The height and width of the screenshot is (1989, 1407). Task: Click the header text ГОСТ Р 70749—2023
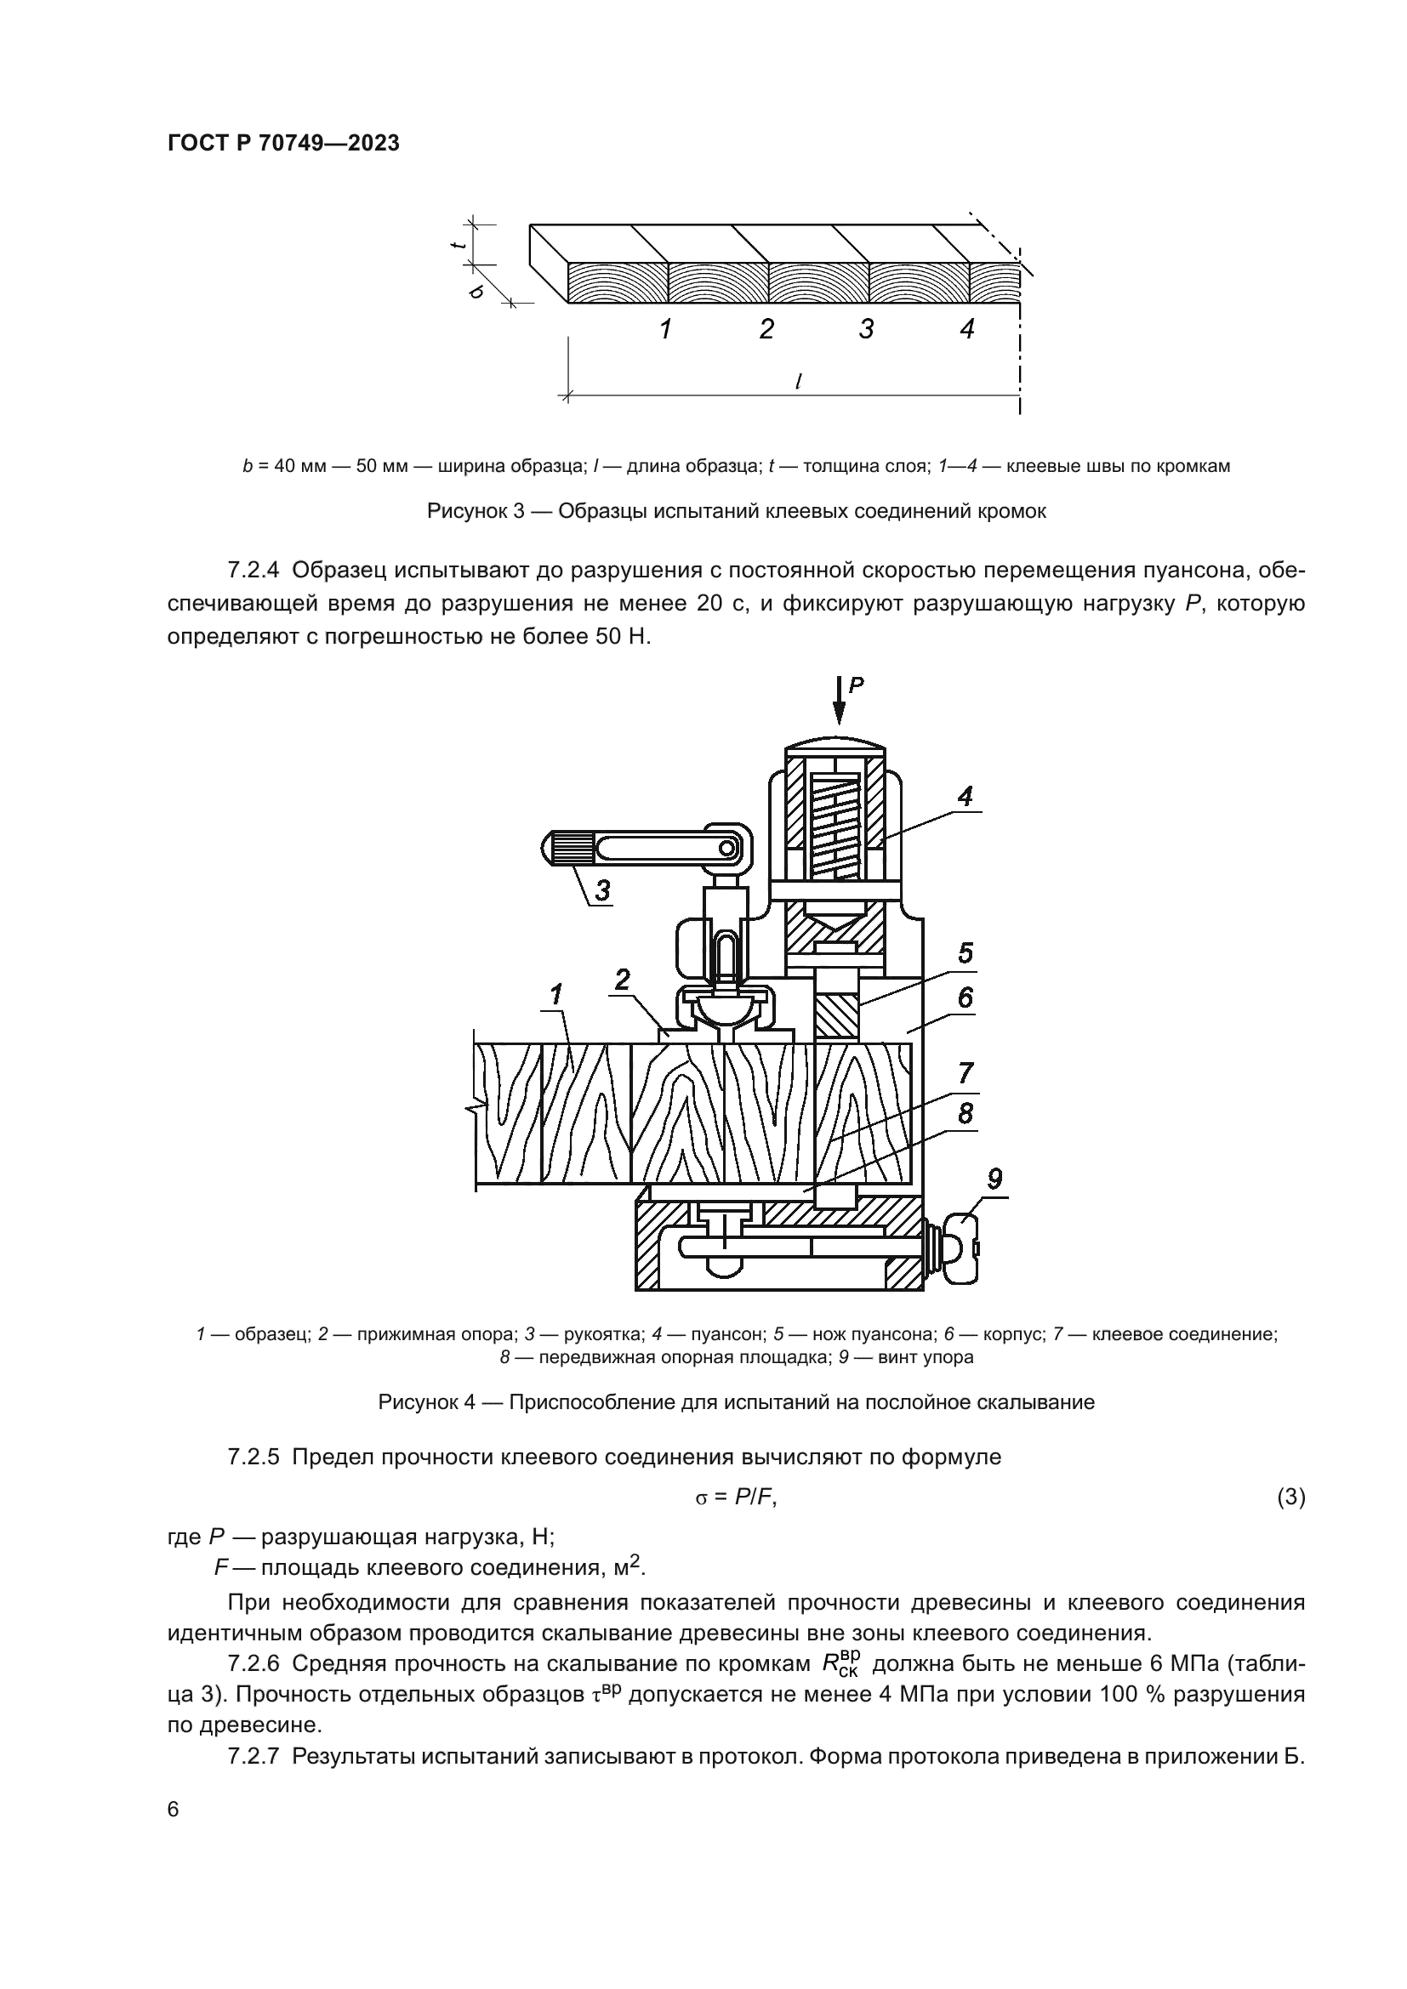pos(283,144)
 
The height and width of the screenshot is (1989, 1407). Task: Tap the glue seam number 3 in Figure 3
pos(865,329)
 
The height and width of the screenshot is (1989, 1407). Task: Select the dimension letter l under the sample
pos(797,380)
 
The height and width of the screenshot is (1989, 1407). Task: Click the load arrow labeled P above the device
pos(839,700)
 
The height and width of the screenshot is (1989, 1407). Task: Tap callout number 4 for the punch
pos(965,795)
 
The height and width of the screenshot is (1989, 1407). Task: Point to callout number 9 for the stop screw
pos(994,1178)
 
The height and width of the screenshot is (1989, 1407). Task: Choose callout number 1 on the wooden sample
pos(555,996)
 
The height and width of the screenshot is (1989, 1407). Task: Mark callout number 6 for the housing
pos(966,998)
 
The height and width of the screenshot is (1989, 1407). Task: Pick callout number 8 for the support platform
pos(966,1113)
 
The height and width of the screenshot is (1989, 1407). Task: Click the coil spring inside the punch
pos(835,825)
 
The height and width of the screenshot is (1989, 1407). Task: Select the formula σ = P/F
pos(736,1497)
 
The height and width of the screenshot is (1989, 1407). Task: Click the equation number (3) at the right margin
pos(1291,1497)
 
